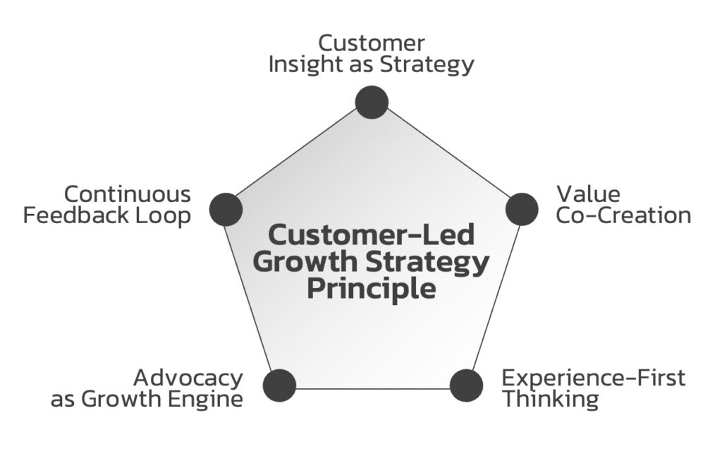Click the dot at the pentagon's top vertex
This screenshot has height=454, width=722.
click(372, 102)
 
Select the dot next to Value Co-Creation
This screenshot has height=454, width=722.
click(522, 209)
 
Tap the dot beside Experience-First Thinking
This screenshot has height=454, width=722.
click(466, 386)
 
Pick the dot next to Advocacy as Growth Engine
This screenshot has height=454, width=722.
click(279, 386)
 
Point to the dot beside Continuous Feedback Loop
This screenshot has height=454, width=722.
click(226, 209)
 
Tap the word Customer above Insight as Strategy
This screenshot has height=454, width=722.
click(371, 44)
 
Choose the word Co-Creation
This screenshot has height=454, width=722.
click(623, 215)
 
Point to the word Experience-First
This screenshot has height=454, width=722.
click(593, 378)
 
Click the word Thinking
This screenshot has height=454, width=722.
click(550, 399)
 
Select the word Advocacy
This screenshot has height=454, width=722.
click(188, 378)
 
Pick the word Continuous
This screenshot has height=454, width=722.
click(128, 194)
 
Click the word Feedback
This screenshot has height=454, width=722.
click(76, 215)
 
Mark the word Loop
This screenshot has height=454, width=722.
click(163, 215)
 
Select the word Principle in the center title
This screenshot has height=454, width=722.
click(371, 289)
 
